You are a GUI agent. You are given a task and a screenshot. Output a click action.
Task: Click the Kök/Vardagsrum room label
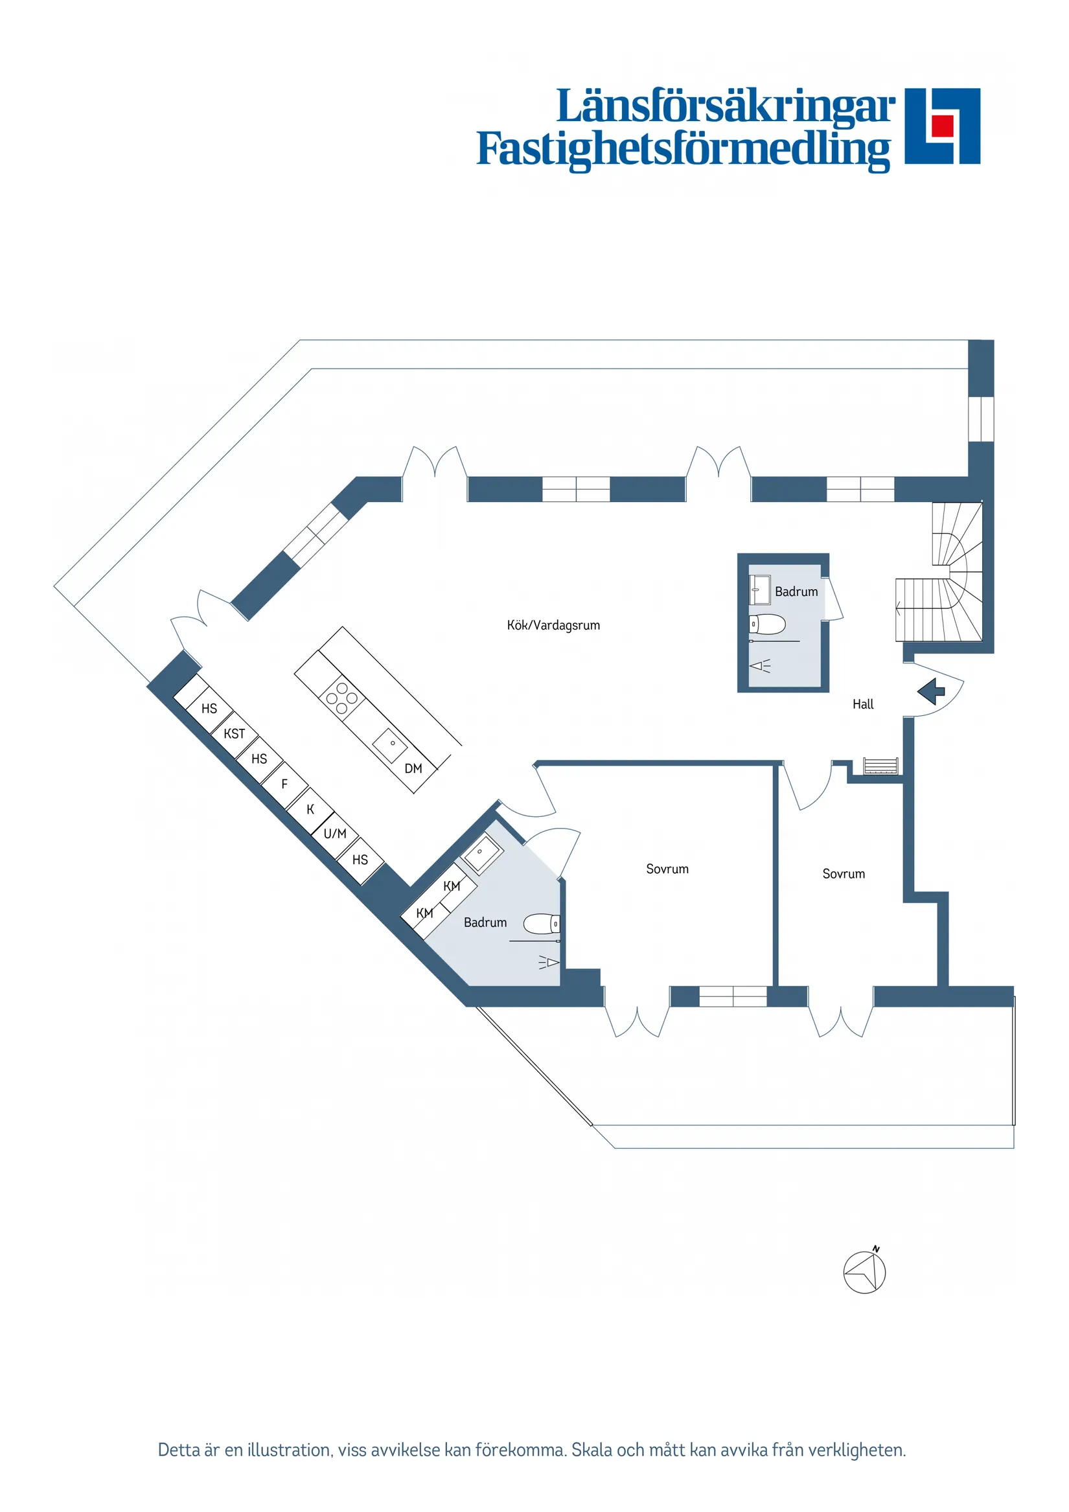click(553, 625)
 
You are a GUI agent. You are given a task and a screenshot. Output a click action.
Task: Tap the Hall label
click(862, 704)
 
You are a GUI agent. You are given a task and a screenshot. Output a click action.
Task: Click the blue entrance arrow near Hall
click(931, 691)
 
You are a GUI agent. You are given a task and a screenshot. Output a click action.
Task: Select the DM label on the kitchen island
click(413, 768)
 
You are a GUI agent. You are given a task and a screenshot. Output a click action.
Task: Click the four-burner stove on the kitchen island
click(342, 698)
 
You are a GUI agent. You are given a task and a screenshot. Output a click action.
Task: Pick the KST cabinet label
click(234, 733)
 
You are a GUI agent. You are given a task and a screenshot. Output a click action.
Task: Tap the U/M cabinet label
click(334, 834)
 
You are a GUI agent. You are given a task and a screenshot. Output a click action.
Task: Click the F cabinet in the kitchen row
click(284, 784)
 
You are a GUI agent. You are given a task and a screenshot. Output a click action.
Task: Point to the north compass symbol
click(865, 1272)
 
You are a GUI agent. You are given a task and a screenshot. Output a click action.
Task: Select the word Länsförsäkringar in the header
click(725, 107)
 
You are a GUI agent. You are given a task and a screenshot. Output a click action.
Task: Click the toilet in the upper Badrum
click(767, 623)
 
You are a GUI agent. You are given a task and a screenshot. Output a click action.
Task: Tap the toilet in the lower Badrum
click(542, 924)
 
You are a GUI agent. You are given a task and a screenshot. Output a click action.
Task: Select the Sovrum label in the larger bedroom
click(667, 869)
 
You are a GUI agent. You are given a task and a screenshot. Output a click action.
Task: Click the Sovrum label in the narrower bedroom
click(843, 874)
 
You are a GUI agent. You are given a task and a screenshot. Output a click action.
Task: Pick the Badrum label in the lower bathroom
click(485, 922)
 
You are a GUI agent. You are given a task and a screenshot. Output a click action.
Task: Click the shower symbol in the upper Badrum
click(761, 666)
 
